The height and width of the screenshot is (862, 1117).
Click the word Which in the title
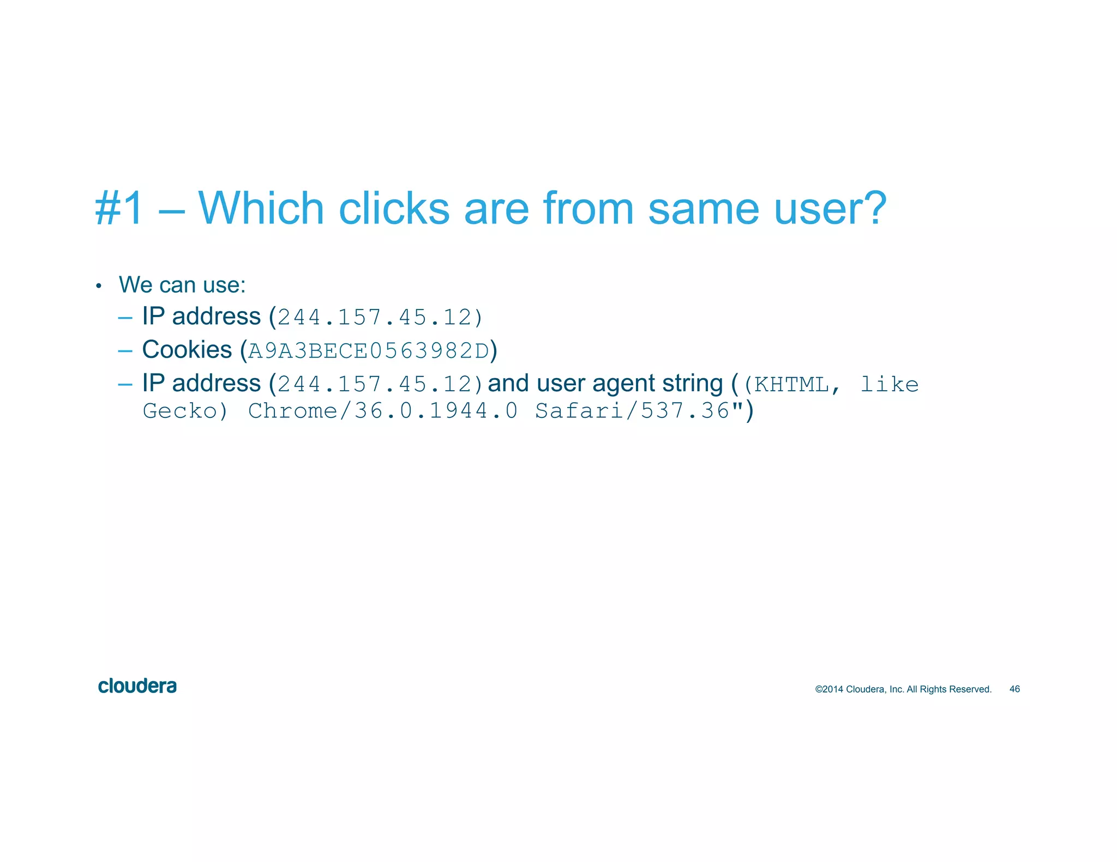[261, 208]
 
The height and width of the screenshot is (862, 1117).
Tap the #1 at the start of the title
[119, 208]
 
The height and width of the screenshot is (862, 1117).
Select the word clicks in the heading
[394, 208]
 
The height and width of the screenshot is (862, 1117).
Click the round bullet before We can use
[98, 287]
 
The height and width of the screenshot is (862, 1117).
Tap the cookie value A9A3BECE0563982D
[369, 351]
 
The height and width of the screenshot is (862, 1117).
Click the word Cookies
[187, 350]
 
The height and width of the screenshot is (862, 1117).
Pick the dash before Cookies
[125, 351]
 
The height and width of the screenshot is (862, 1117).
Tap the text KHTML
[791, 385]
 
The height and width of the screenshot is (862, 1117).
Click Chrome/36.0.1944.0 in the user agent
[382, 411]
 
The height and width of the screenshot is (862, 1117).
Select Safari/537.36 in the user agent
[632, 411]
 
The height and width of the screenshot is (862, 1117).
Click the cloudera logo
[137, 686]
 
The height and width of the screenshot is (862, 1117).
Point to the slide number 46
[1014, 689]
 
